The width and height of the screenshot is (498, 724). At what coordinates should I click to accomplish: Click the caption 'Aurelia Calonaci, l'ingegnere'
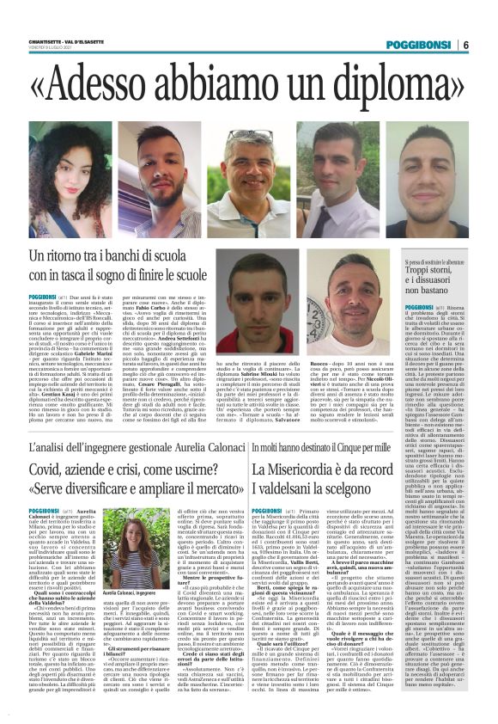124,593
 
